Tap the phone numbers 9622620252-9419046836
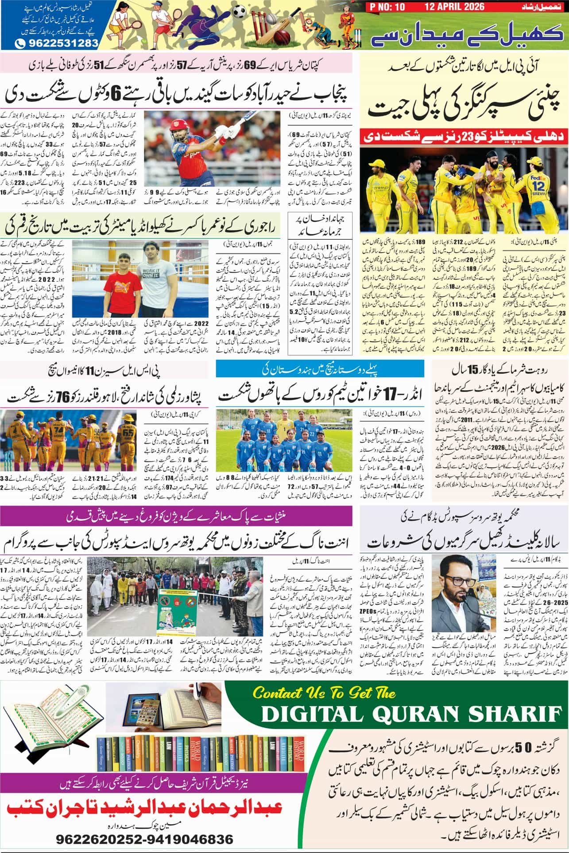point(144,839)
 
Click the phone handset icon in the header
point(20,43)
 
